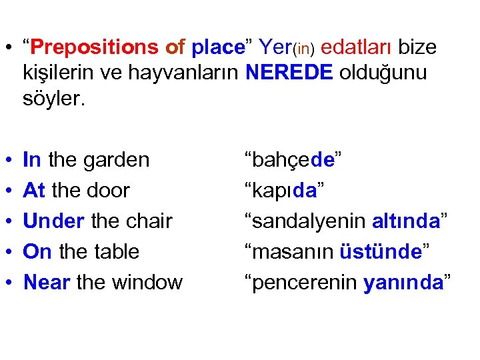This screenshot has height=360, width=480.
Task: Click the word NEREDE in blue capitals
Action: [x=289, y=72]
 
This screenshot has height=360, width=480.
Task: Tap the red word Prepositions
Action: [x=93, y=47]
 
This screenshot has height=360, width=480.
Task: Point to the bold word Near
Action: [x=47, y=282]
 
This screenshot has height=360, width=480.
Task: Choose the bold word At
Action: [x=34, y=190]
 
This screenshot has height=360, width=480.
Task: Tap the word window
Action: [x=146, y=282]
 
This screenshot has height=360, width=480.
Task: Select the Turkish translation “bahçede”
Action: [x=293, y=160]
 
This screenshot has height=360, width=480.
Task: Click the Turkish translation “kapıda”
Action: [x=285, y=190]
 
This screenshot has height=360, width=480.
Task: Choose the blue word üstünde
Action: [x=379, y=251]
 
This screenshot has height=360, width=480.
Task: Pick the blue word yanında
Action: [x=404, y=282]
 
